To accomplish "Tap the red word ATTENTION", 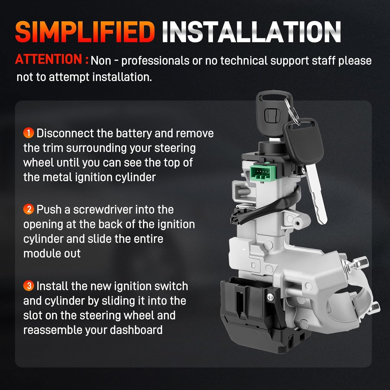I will point(49,59).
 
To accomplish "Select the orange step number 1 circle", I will point(28,133).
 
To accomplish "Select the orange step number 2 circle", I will point(28,209).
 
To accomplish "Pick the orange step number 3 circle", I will point(28,286).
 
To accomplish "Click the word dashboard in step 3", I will point(136,330).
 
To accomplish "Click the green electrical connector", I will point(263,173).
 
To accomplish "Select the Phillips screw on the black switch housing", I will point(270,296).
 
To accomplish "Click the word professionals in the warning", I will point(155,61).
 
